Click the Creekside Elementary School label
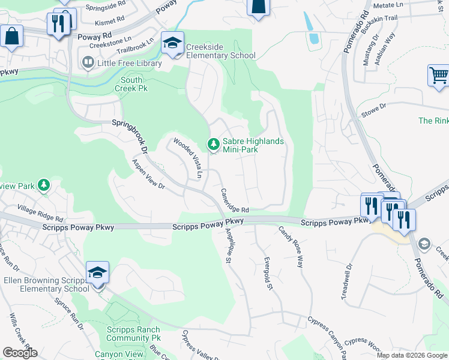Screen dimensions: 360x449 pos(220,52)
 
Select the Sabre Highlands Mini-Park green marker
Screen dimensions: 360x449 pos(213,144)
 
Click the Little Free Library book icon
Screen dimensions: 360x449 pos(88,62)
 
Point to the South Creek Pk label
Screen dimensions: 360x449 pos(131,84)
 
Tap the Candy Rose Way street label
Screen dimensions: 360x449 pos(291,246)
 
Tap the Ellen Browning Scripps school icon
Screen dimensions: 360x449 pos(97,272)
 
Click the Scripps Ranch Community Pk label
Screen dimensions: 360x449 pos(133,334)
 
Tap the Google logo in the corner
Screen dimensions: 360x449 pos(20,353)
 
